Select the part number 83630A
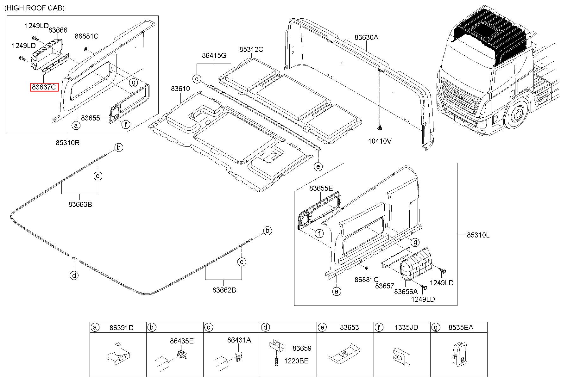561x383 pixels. [x=366, y=37]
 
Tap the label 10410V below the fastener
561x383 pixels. [x=380, y=141]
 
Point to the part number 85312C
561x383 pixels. [x=251, y=49]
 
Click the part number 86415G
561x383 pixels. [x=214, y=56]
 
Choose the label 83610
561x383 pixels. [x=180, y=89]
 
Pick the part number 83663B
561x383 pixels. [x=80, y=204]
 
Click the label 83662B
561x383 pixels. [x=224, y=290]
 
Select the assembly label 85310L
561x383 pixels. [x=478, y=235]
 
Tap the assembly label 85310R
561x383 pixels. [x=67, y=143]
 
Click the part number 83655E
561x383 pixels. [x=321, y=188]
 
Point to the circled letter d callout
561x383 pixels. [x=74, y=275]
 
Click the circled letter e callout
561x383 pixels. [x=318, y=166]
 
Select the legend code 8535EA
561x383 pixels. [x=461, y=327]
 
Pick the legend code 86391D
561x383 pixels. [x=122, y=328]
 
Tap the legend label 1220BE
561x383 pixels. [x=296, y=361]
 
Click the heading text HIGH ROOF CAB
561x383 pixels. [x=35, y=8]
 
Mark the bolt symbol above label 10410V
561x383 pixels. [x=379, y=128]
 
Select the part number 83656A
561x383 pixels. [x=406, y=291]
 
